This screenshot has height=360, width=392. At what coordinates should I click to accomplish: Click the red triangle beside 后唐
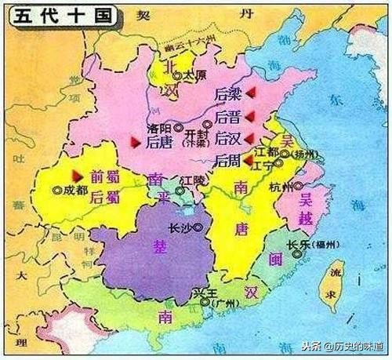(x=134, y=142)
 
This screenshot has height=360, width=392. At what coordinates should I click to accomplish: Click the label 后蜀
(x=104, y=197)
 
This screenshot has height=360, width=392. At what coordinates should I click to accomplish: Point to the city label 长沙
(x=180, y=227)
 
